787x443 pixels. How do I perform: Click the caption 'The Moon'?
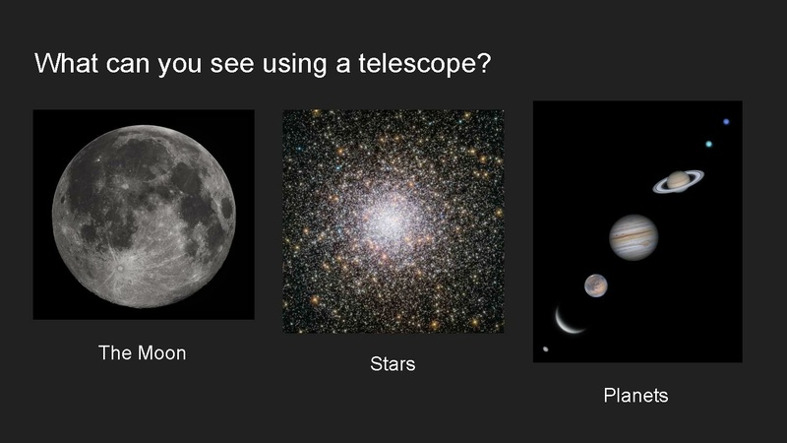coord(143,352)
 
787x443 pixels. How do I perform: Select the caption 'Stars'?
coord(393,364)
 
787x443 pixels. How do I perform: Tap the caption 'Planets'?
coord(636,396)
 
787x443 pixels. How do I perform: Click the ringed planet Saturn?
coord(678,181)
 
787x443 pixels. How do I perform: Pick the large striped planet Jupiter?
coord(633,237)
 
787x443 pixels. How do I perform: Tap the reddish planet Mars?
coord(594,285)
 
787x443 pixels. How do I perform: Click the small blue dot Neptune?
coord(726,122)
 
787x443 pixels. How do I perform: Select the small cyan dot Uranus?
coord(708,145)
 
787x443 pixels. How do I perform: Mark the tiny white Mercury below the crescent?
coord(546,348)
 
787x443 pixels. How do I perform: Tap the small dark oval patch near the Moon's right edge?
coord(225,208)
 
